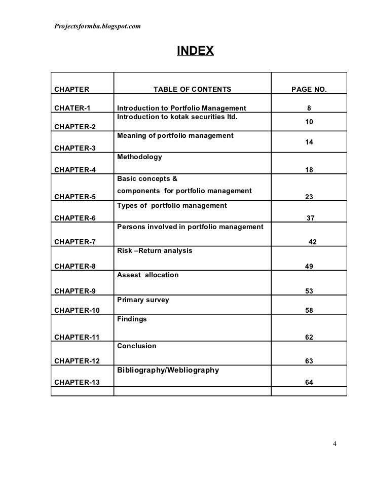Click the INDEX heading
[195, 51]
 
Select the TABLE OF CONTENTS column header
[192, 90]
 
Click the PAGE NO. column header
[309, 90]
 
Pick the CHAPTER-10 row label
[77, 310]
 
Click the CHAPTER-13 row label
[77, 382]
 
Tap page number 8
[309, 108]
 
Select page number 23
[308, 197]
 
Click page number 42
[313, 242]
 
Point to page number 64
[309, 382]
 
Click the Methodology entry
[139, 157]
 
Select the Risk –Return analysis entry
[155, 250]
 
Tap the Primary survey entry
[143, 300]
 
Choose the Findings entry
[132, 319]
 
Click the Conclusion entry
[136, 346]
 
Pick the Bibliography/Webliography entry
[168, 370]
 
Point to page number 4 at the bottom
[335, 445]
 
